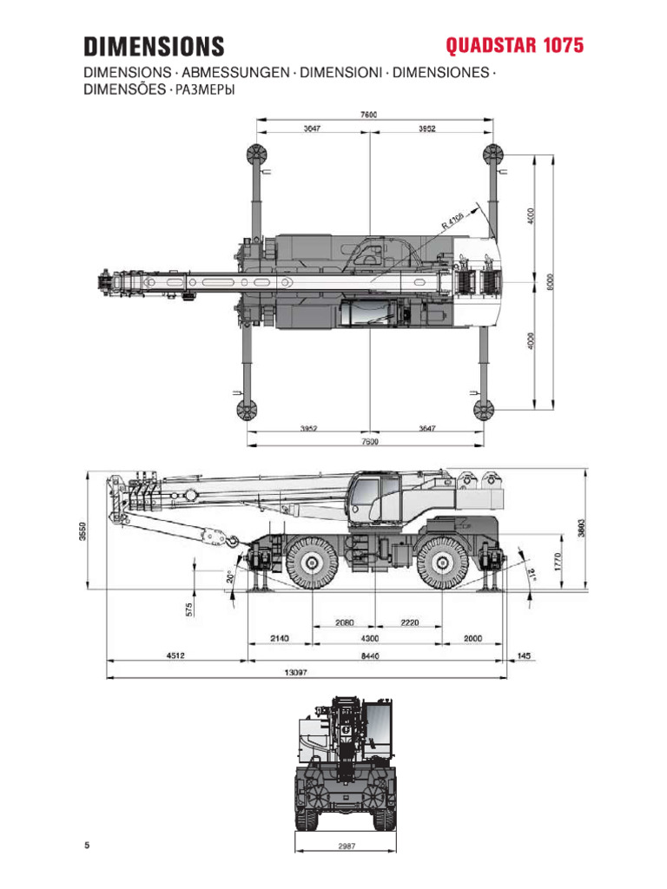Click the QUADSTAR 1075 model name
tap(514, 45)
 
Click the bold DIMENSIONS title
tap(153, 46)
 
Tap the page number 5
tap(87, 846)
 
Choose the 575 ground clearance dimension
tap(188, 609)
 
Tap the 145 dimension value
tap(523, 656)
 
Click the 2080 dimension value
tap(344, 622)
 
